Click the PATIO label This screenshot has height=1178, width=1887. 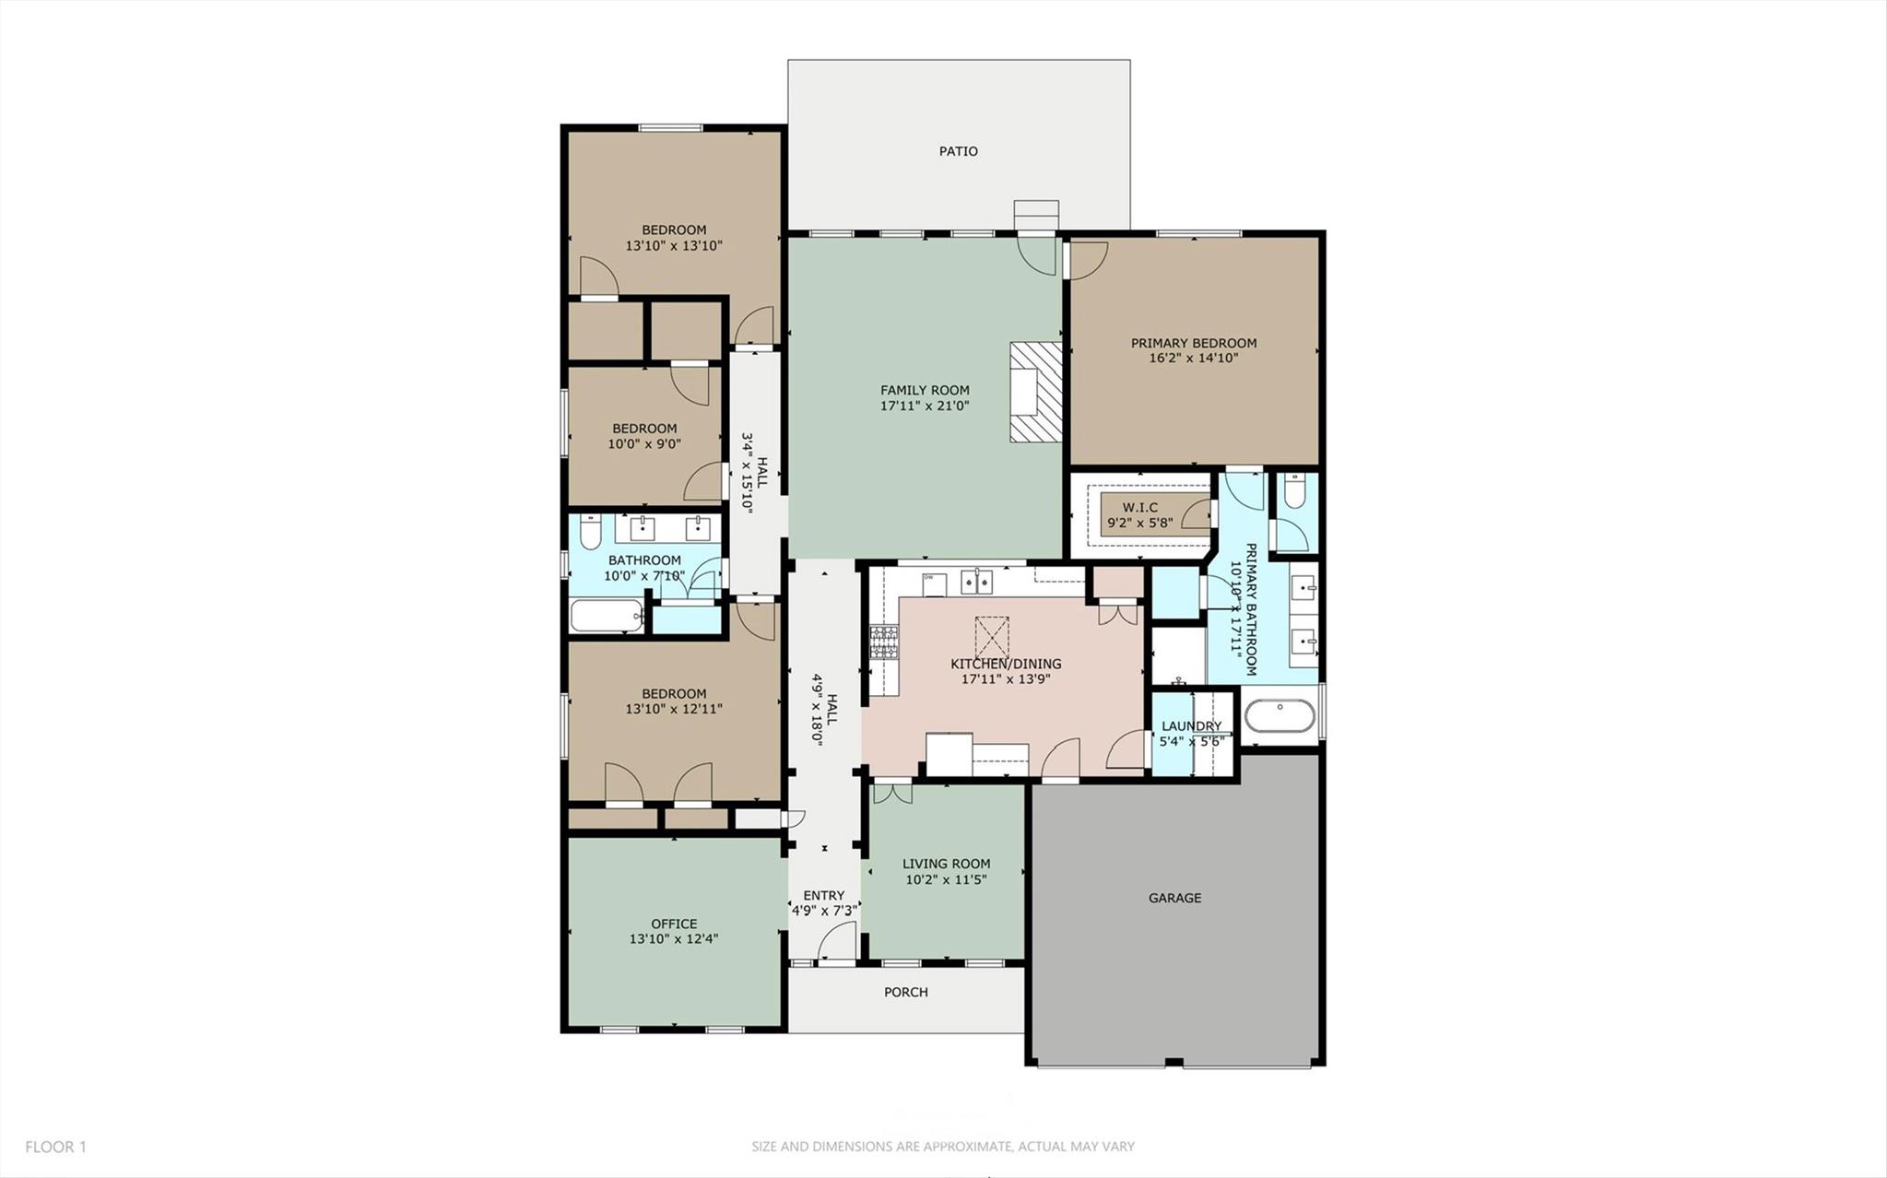958,151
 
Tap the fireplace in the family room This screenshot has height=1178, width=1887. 1035,393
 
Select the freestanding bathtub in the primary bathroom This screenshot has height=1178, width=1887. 1280,716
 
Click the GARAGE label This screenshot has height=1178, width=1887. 1174,898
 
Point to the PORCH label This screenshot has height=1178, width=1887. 905,992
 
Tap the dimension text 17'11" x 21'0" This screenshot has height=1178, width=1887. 925,406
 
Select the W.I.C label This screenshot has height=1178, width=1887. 1139,508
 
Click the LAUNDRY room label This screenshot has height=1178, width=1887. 1191,726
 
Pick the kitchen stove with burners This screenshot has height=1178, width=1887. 884,642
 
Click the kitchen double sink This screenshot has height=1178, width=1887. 976,582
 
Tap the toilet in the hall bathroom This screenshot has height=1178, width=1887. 590,531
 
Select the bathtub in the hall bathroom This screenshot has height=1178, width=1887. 606,616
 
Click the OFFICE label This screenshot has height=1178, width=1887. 674,924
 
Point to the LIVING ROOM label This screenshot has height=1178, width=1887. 946,864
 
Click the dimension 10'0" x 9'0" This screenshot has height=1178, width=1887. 644,443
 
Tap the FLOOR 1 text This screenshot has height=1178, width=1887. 55,1147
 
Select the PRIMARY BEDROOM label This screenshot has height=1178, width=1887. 1193,343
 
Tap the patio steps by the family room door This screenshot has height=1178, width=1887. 1035,214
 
